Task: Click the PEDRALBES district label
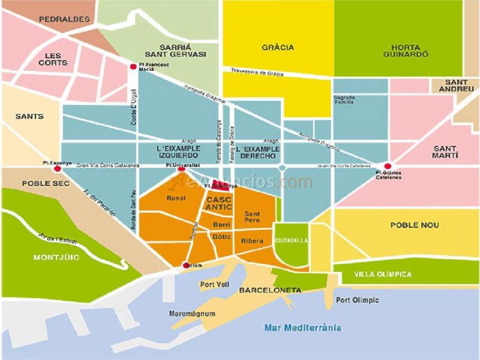(x=64, y=19)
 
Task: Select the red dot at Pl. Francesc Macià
(x=133, y=67)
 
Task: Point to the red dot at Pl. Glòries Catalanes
(x=388, y=166)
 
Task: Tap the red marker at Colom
(x=186, y=265)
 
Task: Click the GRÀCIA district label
(x=278, y=47)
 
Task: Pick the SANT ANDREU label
(x=456, y=85)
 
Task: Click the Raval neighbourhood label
(x=176, y=198)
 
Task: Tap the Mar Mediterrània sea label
(x=302, y=328)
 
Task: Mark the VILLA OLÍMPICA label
(x=383, y=274)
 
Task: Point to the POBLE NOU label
(x=414, y=225)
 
